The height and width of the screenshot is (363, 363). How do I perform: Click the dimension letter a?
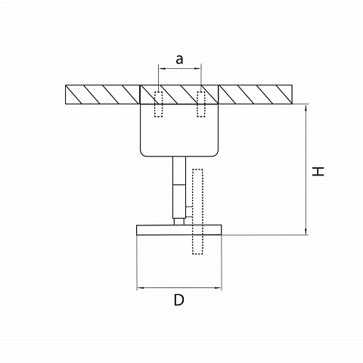179,60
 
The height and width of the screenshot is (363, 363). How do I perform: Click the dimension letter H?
318,172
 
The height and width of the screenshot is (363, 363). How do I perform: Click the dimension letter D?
179,300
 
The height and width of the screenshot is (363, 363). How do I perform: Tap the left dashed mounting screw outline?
159,104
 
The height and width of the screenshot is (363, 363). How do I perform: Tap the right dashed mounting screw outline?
201,104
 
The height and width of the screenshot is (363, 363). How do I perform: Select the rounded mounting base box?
179,130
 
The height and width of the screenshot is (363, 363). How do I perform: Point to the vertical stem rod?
179,188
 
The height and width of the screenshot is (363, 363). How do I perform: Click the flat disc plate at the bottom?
179,230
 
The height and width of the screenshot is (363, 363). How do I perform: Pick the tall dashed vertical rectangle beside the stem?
197,212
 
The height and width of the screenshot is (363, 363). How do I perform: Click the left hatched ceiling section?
102,95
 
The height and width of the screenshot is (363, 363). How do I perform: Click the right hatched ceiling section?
256,95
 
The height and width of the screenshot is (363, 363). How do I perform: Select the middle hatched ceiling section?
179,95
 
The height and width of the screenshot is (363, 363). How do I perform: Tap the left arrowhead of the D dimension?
140,287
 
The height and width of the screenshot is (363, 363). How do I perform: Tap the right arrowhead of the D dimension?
219,287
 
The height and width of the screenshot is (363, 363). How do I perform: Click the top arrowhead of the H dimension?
306,108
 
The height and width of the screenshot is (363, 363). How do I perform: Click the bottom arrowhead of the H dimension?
306,231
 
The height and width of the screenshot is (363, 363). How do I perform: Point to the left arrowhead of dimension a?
162,68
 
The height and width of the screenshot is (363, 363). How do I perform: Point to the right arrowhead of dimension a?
197,68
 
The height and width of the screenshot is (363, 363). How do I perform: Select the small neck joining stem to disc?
179,222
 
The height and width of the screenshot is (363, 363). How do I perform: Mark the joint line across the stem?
179,185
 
